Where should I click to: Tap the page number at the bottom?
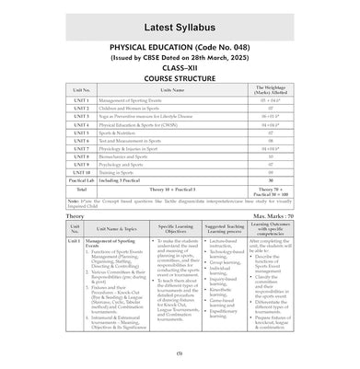tap(180, 352)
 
